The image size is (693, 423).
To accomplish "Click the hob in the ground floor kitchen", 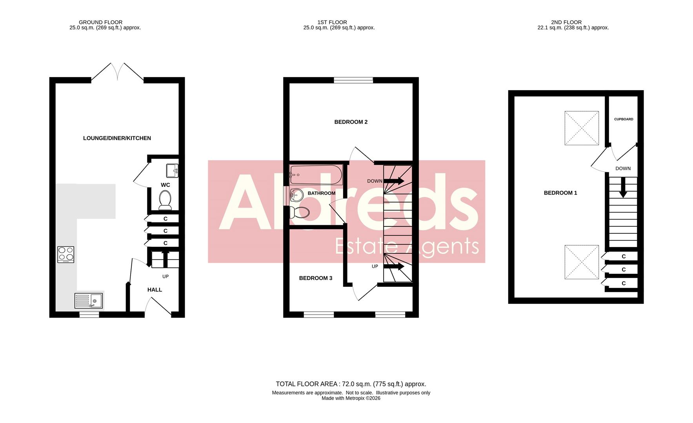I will click(x=65, y=254).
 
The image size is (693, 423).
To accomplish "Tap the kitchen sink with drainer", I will click(x=89, y=301).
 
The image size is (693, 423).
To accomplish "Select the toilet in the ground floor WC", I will click(x=165, y=200).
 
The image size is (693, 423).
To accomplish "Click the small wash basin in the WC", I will click(x=172, y=170).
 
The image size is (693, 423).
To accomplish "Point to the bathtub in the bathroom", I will click(x=316, y=175).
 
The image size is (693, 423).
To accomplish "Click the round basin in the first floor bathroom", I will click(x=296, y=195).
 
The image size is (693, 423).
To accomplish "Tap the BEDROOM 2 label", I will click(x=351, y=122).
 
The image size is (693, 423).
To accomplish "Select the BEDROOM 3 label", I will click(x=315, y=278).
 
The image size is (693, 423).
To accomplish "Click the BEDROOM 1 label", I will click(x=560, y=193).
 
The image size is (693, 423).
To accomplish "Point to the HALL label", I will click(x=155, y=290).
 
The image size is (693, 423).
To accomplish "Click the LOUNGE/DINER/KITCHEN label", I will click(x=117, y=138).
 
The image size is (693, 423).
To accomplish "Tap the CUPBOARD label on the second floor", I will click(x=623, y=119).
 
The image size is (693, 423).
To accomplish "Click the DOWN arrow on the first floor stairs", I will click(x=394, y=181).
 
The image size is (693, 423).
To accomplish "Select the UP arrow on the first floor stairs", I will click(x=394, y=266).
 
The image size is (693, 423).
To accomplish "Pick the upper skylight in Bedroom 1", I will click(x=582, y=128).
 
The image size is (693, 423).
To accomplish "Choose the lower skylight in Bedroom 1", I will click(x=582, y=262).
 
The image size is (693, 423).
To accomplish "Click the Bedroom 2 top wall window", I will click(x=353, y=80).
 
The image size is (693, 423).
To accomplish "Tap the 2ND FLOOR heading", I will click(x=566, y=22).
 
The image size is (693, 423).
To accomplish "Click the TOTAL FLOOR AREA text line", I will click(x=351, y=384).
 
